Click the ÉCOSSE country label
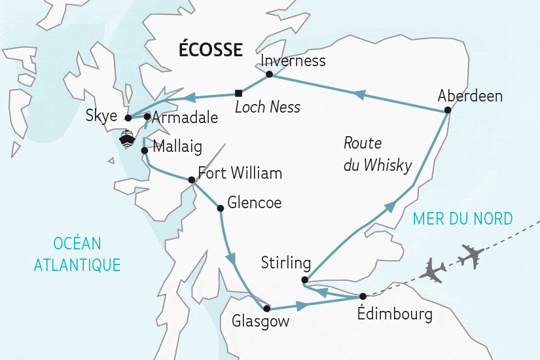point(211,49)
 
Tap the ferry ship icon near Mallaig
point(126,139)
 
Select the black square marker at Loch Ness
point(238,92)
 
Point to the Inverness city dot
point(269,75)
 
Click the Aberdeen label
point(470,96)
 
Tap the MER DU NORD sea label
point(462,219)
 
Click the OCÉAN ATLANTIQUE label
point(77,255)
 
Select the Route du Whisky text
point(377,154)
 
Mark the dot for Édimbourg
point(363,297)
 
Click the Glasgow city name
point(260,322)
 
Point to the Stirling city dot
point(304,280)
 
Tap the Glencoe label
point(254,203)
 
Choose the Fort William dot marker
point(191,180)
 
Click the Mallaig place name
point(177,146)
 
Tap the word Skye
point(101,117)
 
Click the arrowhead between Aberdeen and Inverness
point(359,95)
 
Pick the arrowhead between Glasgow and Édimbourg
point(302,306)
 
